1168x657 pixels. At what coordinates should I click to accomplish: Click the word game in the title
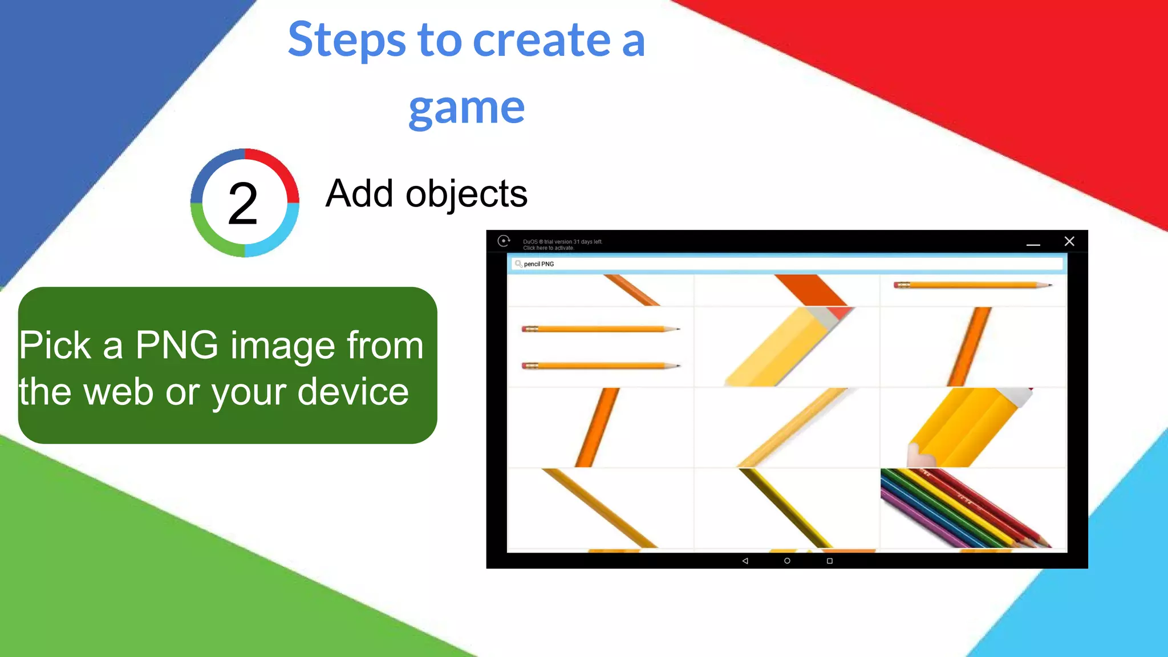click(467, 108)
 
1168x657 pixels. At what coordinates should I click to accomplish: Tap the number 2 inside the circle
click(244, 204)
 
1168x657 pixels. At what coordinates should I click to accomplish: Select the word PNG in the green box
click(177, 345)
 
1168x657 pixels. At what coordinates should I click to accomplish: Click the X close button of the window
click(1069, 241)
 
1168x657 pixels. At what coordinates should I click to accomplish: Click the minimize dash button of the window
click(1033, 244)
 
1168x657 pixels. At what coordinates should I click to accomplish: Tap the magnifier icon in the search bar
click(518, 263)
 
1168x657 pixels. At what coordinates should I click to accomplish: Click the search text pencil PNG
click(539, 264)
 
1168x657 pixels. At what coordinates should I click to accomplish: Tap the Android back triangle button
click(745, 561)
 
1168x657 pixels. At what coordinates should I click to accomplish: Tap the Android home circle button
click(787, 561)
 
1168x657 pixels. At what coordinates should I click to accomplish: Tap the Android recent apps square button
click(829, 561)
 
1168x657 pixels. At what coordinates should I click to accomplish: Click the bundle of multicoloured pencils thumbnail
click(972, 508)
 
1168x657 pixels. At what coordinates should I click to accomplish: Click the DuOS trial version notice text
click(562, 245)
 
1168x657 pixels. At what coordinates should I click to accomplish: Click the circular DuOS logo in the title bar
click(504, 241)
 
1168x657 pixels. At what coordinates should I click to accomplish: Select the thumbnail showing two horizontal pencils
click(600, 347)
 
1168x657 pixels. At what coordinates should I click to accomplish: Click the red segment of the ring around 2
click(279, 168)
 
